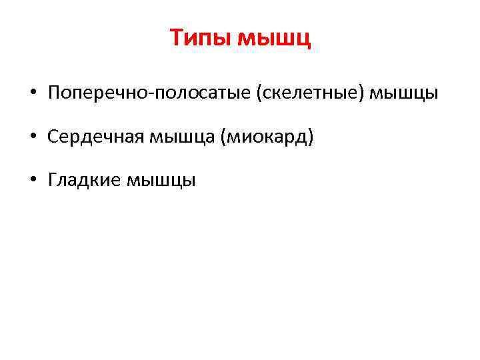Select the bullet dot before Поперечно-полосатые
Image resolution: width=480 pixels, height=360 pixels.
(x=33, y=94)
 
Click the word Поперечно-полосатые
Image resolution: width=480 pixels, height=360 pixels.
(x=149, y=94)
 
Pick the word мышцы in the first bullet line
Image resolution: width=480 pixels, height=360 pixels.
(x=403, y=94)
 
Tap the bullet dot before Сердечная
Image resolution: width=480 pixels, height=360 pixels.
(x=33, y=137)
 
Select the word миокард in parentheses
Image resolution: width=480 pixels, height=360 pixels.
(x=267, y=137)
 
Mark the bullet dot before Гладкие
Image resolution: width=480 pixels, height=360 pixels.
(x=33, y=180)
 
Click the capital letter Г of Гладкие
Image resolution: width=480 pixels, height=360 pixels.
(x=53, y=180)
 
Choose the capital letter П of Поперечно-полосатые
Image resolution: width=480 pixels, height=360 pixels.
(x=54, y=94)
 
